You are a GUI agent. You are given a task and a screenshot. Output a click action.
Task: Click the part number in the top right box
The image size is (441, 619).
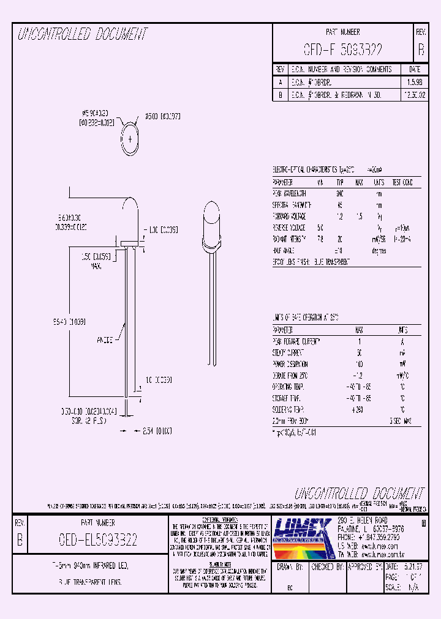(342, 50)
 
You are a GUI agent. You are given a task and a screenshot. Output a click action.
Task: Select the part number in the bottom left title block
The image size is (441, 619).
(98, 540)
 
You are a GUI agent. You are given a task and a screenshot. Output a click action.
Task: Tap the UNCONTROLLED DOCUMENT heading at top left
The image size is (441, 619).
(83, 34)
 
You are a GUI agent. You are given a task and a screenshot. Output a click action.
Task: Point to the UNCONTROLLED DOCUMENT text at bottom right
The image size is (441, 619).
(359, 494)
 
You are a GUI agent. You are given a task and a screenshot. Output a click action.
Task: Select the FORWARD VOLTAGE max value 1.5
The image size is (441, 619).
(360, 216)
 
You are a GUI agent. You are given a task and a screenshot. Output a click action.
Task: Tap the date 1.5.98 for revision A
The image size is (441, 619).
(414, 81)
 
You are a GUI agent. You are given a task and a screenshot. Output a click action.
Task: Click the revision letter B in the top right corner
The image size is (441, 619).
(420, 50)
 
